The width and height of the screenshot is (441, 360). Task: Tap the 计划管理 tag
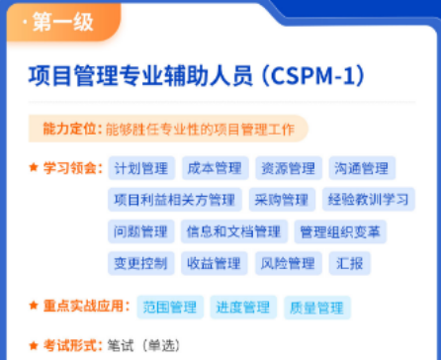pos(141,168)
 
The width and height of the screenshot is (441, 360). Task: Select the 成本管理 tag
pos(214,168)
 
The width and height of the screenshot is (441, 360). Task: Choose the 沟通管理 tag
pos(361,168)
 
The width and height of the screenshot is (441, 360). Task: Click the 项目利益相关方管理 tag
pos(175,200)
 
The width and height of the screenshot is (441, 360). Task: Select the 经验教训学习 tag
pos(368,200)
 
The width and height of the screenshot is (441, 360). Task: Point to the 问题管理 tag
pos(141,231)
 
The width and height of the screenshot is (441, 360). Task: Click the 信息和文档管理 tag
pos(232,231)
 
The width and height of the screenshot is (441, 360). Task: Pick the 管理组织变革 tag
pos(342,231)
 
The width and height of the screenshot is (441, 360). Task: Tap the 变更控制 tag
pos(141,263)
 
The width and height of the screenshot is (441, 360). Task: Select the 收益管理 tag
pos(214,263)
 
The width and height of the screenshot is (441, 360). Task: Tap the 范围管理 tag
pos(169,307)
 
